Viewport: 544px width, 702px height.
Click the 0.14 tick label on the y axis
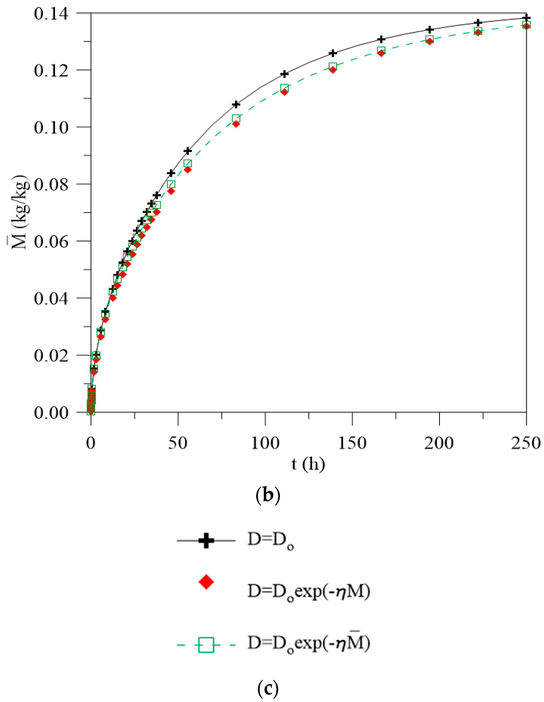(51, 14)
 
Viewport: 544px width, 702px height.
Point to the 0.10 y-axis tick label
(51, 128)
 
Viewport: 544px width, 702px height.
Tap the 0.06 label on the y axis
(51, 242)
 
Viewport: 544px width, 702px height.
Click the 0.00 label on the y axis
(51, 413)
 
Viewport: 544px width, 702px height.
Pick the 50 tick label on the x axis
(178, 443)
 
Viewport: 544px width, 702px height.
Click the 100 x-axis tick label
(265, 443)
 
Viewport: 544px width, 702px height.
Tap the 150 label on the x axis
(352, 443)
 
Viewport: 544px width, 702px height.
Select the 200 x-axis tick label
(439, 443)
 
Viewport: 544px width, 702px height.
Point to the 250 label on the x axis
(526, 443)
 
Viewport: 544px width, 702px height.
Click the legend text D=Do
(271, 540)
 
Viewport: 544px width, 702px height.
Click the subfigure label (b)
(268, 495)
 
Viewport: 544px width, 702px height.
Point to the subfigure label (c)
(268, 688)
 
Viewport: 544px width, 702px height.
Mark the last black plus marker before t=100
(236, 104)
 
